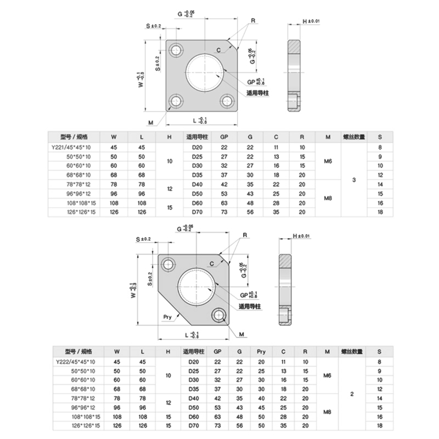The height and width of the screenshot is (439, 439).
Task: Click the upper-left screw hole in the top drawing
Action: (177, 49)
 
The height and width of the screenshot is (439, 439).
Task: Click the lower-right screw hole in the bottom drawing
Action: (219, 314)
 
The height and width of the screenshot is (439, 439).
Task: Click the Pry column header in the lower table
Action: (261, 351)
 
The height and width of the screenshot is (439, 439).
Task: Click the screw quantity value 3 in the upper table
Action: (354, 179)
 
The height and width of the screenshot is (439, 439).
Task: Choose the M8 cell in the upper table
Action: (328, 198)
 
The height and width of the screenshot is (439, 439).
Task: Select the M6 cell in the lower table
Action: (328, 375)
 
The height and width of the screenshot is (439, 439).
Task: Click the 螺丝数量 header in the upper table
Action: (354, 137)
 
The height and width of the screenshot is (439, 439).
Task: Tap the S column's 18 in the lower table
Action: (379, 425)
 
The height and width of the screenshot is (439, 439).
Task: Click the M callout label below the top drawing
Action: (150, 121)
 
